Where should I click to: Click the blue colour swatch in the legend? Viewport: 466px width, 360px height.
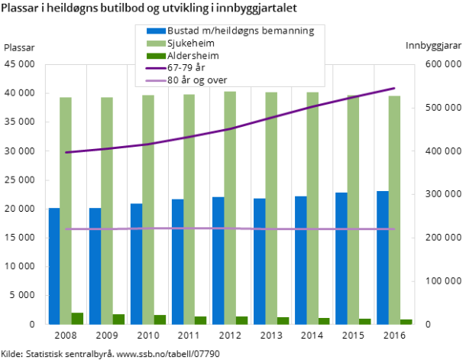[x=155, y=31]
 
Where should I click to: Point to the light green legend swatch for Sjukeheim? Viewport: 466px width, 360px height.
[x=155, y=43]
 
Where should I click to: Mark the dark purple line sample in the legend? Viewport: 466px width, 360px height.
[x=155, y=67]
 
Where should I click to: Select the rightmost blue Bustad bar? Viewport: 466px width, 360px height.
[x=383, y=258]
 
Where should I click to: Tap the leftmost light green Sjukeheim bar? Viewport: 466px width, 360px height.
[x=66, y=211]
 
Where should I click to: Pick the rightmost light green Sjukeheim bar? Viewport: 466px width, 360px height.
[x=394, y=210]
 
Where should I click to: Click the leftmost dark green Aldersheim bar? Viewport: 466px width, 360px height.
[x=77, y=319]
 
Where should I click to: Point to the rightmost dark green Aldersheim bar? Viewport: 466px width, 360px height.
[x=406, y=322]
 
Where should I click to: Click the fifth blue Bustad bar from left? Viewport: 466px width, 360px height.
[x=218, y=261]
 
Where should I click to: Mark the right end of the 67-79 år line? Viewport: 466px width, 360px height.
[x=394, y=89]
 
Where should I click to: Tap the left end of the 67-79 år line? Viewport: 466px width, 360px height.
[x=66, y=152]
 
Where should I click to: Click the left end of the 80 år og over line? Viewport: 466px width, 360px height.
[x=66, y=229]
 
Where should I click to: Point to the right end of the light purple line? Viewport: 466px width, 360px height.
[x=394, y=229]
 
